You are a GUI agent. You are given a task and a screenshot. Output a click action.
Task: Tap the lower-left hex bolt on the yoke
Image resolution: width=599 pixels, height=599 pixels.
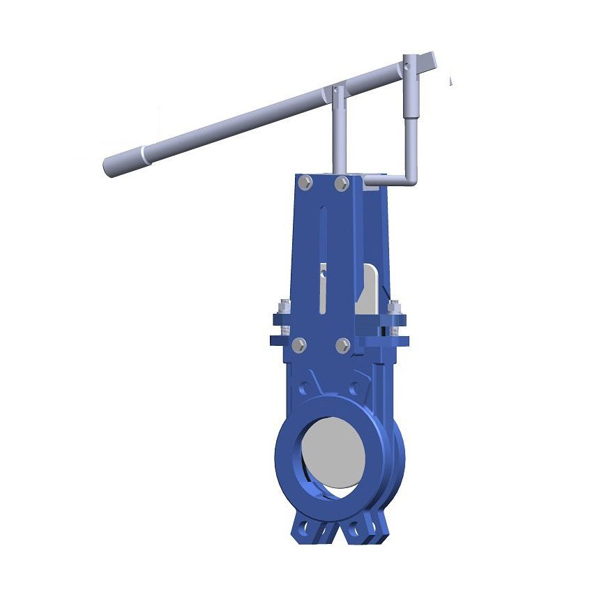pyautogui.click(x=299, y=344)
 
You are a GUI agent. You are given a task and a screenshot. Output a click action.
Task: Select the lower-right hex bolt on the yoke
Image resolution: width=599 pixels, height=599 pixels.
pyautogui.click(x=342, y=345)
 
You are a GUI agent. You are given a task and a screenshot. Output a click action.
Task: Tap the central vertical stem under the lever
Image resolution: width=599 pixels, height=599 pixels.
pyautogui.click(x=339, y=132)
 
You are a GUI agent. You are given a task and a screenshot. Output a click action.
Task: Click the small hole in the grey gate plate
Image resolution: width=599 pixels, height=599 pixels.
pyautogui.click(x=324, y=274)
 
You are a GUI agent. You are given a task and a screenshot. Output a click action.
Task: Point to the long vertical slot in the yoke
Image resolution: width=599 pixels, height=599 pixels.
pyautogui.click(x=323, y=258)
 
